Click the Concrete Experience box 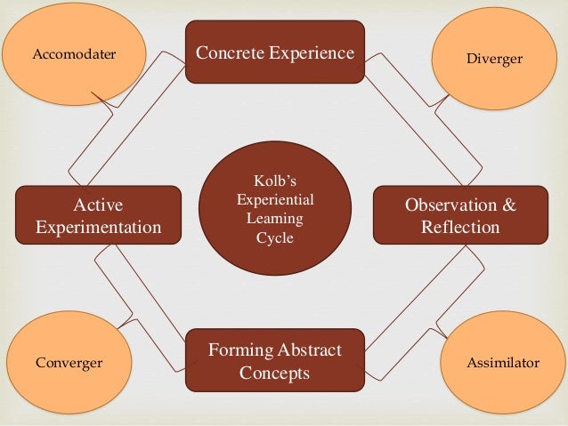(x=274, y=52)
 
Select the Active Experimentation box (x=98, y=216)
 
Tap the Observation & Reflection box (x=460, y=216)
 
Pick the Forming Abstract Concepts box (x=274, y=361)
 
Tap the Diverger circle (x=494, y=59)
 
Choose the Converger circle (x=69, y=363)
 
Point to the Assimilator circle (x=502, y=364)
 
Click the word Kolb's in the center (x=274, y=182)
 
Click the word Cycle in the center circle (x=274, y=237)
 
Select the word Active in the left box (x=98, y=205)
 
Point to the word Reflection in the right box (x=460, y=228)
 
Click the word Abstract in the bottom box (x=306, y=350)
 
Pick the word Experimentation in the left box (x=98, y=228)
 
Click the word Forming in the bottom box (x=239, y=350)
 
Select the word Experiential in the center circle (x=274, y=200)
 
